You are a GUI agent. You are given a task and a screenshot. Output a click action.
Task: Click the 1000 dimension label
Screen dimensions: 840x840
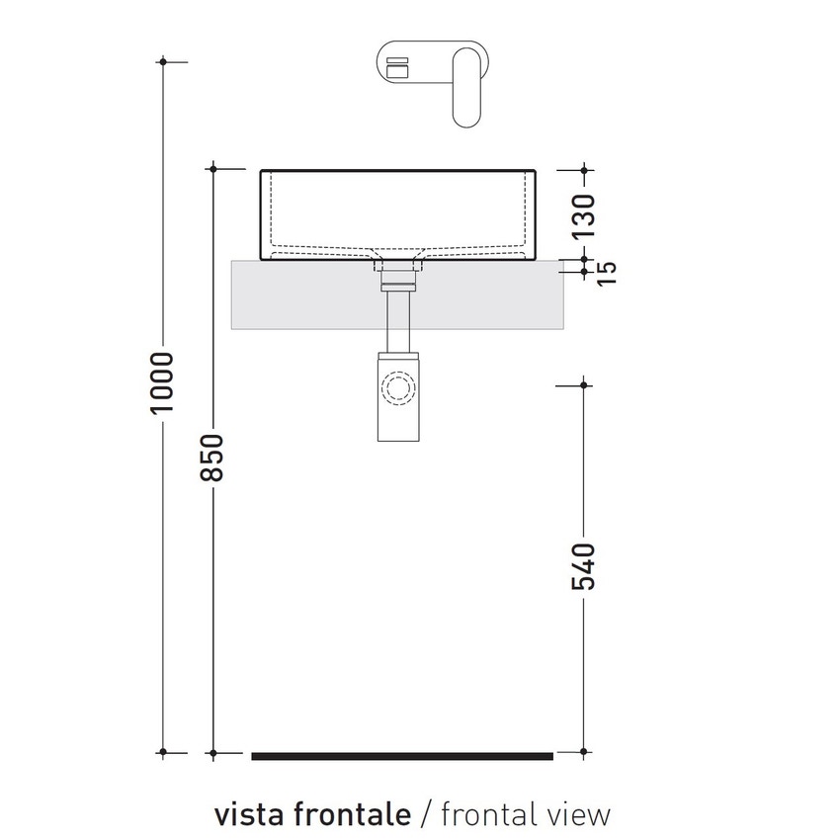click(164, 382)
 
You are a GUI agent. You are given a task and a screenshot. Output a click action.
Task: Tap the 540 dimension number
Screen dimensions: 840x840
click(585, 565)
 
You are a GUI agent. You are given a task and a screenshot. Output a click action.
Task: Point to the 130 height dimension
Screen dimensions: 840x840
click(585, 214)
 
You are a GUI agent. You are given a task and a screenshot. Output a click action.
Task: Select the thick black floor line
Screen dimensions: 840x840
click(401, 756)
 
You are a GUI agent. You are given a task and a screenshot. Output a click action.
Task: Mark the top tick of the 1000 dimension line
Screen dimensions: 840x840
click(164, 62)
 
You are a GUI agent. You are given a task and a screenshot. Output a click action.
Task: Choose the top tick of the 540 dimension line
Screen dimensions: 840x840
click(585, 384)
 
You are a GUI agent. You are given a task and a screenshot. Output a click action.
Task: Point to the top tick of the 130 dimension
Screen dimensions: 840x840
click(585, 170)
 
